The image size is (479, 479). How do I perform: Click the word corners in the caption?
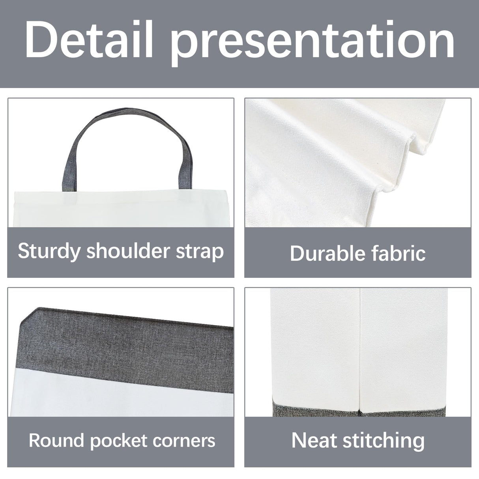(x=188, y=440)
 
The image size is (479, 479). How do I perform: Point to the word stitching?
(x=383, y=440)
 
